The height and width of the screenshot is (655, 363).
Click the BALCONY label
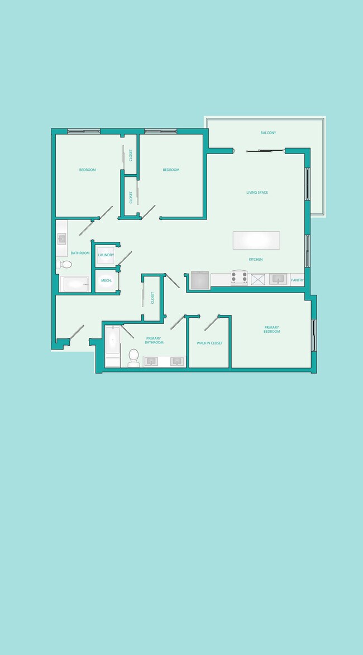(268, 133)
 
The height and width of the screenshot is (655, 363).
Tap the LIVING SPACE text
(257, 193)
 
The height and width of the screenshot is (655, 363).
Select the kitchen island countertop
(256, 240)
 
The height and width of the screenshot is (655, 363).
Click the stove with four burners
(240, 278)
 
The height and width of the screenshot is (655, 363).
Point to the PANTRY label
(297, 280)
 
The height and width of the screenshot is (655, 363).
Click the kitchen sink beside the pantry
(278, 279)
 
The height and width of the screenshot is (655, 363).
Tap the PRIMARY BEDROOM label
(272, 329)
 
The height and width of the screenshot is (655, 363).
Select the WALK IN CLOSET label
(209, 343)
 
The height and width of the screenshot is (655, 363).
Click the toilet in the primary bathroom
(133, 358)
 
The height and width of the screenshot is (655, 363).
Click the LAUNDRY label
(106, 255)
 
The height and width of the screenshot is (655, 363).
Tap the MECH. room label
(106, 280)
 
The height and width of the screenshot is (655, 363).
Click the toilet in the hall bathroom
(64, 264)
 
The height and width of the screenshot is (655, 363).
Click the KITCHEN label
(256, 260)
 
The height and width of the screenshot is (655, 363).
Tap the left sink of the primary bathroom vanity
(151, 361)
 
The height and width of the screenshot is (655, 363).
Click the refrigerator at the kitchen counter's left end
(200, 280)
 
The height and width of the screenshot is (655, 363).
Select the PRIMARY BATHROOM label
(154, 340)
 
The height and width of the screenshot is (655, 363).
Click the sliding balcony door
(265, 150)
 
